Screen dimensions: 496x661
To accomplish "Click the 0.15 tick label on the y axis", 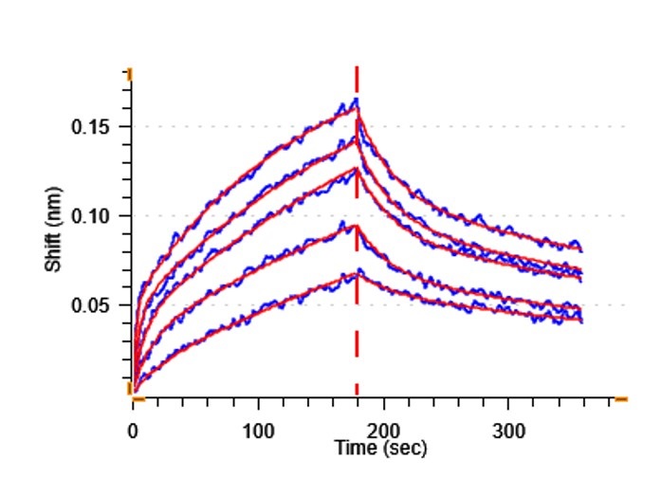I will [x=91, y=127].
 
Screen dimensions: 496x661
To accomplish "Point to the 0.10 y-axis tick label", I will [x=91, y=216].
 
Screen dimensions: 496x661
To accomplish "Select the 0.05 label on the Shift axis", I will [x=91, y=305].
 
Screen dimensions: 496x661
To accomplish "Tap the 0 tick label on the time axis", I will [x=133, y=431].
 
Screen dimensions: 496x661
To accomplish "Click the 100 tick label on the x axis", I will [x=258, y=431].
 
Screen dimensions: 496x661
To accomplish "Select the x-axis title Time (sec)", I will [x=380, y=447].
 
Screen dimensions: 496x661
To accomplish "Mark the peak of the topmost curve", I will [x=357, y=101].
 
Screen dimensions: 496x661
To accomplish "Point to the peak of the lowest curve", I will [x=357, y=274].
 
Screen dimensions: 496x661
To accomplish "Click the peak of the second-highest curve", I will [x=357, y=138].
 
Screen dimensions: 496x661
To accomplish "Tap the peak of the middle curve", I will [x=357, y=169].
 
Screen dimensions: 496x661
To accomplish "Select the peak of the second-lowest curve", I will [x=357, y=226].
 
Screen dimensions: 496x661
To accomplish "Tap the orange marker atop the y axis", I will [x=129, y=72].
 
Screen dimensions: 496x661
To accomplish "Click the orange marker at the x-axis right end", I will [x=620, y=399].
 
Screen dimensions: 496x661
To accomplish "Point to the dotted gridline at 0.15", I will [x=474, y=126].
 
